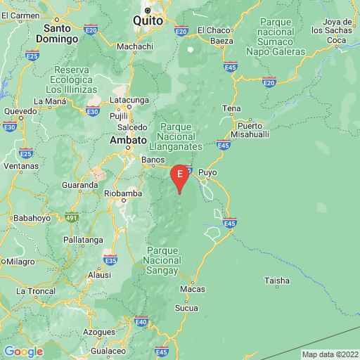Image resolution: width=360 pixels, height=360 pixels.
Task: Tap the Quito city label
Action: [x=148, y=21]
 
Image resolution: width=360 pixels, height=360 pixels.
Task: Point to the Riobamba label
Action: [x=123, y=193]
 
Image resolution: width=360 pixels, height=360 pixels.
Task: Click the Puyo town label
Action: [x=208, y=172]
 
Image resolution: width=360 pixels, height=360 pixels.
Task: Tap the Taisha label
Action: [x=276, y=281]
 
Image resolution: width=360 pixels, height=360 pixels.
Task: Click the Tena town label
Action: [x=231, y=108]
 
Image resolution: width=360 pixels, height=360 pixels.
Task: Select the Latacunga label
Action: [x=130, y=101]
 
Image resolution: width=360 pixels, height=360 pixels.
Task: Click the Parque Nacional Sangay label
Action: [x=162, y=260]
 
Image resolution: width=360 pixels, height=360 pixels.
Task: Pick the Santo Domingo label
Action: [x=60, y=34]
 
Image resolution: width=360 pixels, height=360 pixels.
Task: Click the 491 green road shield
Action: [x=70, y=217]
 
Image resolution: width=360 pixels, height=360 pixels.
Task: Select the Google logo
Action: [x=23, y=352]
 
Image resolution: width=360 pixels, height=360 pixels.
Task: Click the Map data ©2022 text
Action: [x=329, y=354]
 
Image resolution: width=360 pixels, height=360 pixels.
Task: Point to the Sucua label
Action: [x=186, y=308]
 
